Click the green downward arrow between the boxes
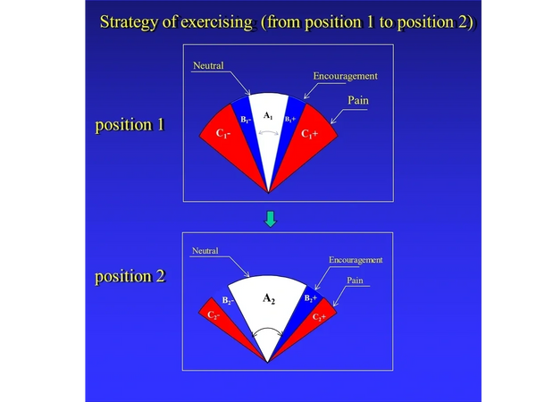pyautogui.click(x=271, y=219)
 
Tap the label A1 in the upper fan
pyautogui.click(x=268, y=116)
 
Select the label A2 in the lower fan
pyautogui.click(x=269, y=298)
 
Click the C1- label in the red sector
pyautogui.click(x=223, y=133)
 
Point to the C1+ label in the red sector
pyautogui.click(x=310, y=134)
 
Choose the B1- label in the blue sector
pyautogui.click(x=247, y=120)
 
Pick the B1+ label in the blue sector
pyautogui.click(x=290, y=120)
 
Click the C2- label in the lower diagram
pyautogui.click(x=214, y=315)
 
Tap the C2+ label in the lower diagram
pyautogui.click(x=319, y=317)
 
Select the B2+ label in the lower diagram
pyautogui.click(x=311, y=298)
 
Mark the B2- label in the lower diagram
pyautogui.click(x=228, y=300)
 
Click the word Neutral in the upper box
pyautogui.click(x=208, y=65)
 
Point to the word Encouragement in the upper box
pyautogui.click(x=345, y=76)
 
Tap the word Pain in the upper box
pyautogui.click(x=358, y=100)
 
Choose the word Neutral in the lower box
pyautogui.click(x=205, y=251)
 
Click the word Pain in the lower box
pyautogui.click(x=355, y=281)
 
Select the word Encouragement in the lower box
pyautogui.click(x=356, y=260)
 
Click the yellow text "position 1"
pyautogui.click(x=130, y=125)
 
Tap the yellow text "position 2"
pyautogui.click(x=130, y=276)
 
